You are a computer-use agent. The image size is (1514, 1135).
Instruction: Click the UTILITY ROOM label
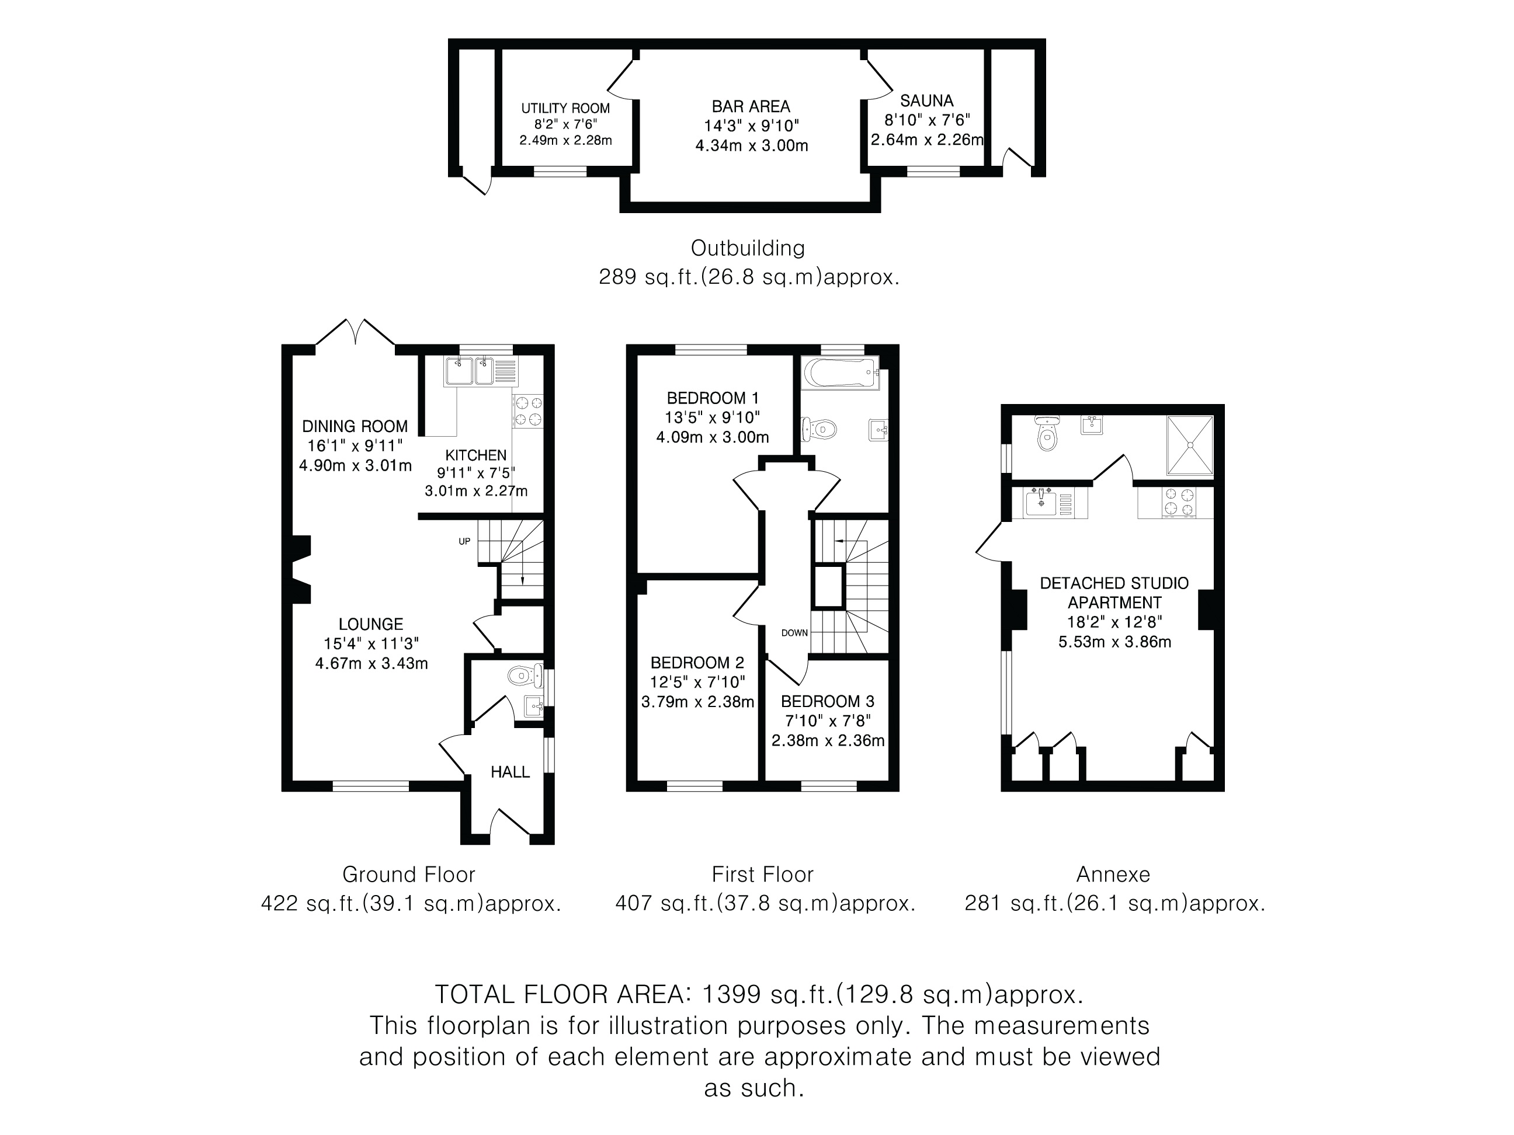coord(565,108)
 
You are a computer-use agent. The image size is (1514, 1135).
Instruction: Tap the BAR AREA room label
coord(751,106)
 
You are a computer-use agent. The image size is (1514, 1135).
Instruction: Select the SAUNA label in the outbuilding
coord(927,100)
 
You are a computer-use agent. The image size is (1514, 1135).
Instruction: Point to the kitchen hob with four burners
coord(527,411)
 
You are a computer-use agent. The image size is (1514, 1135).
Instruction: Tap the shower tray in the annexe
coord(1190,445)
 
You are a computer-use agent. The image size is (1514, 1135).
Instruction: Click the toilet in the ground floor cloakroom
coord(525,676)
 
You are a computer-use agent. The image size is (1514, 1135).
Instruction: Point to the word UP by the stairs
coord(464,542)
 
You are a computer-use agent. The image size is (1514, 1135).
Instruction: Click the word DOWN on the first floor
coord(794,633)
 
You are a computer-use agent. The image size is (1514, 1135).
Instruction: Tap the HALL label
coord(510,772)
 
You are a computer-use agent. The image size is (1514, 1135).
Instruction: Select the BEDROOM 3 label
coord(828,701)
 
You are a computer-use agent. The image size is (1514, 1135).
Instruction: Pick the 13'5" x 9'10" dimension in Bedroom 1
coord(712,417)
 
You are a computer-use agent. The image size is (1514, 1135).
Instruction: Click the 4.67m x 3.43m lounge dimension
coord(371,663)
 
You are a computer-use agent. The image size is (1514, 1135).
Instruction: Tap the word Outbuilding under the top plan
coord(748,248)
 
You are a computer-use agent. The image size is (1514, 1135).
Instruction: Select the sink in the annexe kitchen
coord(1041,502)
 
